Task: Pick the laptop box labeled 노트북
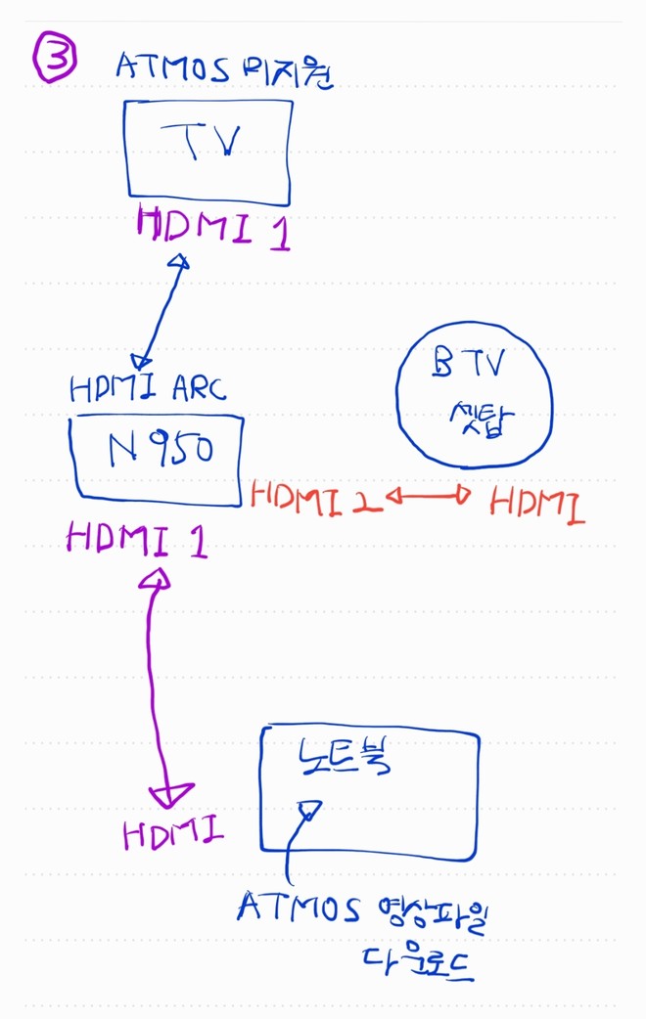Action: click(370, 791)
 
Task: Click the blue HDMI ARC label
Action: click(148, 389)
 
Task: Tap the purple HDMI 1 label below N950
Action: click(136, 540)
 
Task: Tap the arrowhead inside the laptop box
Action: click(309, 810)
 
